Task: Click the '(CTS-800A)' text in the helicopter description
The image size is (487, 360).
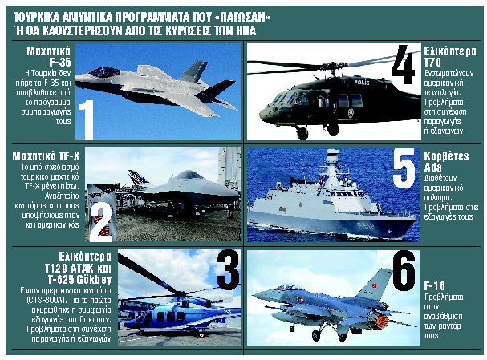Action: [x=34, y=304]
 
